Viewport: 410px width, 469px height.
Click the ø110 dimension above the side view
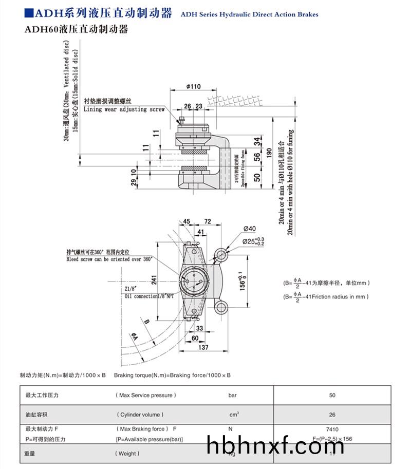193,86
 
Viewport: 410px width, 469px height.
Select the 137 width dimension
203,348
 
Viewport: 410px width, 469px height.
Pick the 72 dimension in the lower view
208,221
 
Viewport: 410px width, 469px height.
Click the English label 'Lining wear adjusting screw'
124,109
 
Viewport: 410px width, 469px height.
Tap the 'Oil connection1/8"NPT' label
148,296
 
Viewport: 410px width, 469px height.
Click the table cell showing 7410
332,429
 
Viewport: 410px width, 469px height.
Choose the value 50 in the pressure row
332,395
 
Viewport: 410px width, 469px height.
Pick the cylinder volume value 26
332,415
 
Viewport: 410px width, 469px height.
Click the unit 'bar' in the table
232,395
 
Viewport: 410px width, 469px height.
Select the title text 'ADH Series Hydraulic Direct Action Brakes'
249,14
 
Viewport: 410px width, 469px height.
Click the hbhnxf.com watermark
275,446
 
